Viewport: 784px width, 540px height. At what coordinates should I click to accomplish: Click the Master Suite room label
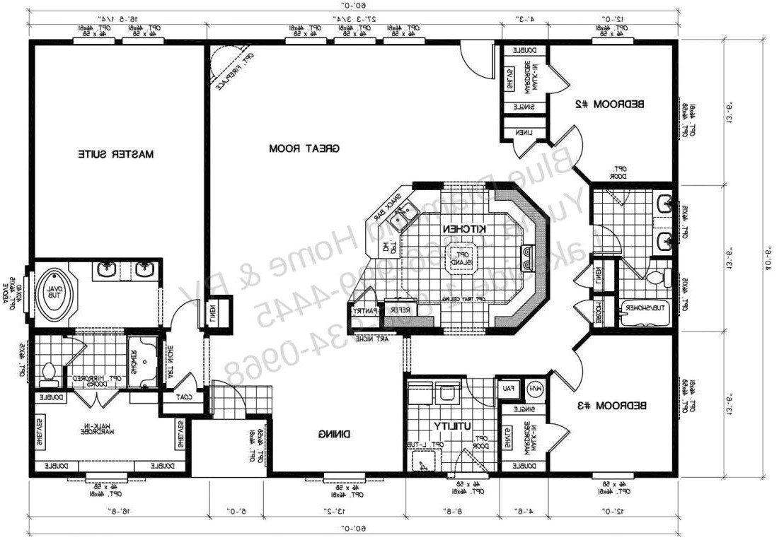coord(116,153)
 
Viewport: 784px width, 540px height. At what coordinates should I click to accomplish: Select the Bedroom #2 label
coord(609,105)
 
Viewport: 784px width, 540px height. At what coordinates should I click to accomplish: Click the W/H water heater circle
coord(535,388)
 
